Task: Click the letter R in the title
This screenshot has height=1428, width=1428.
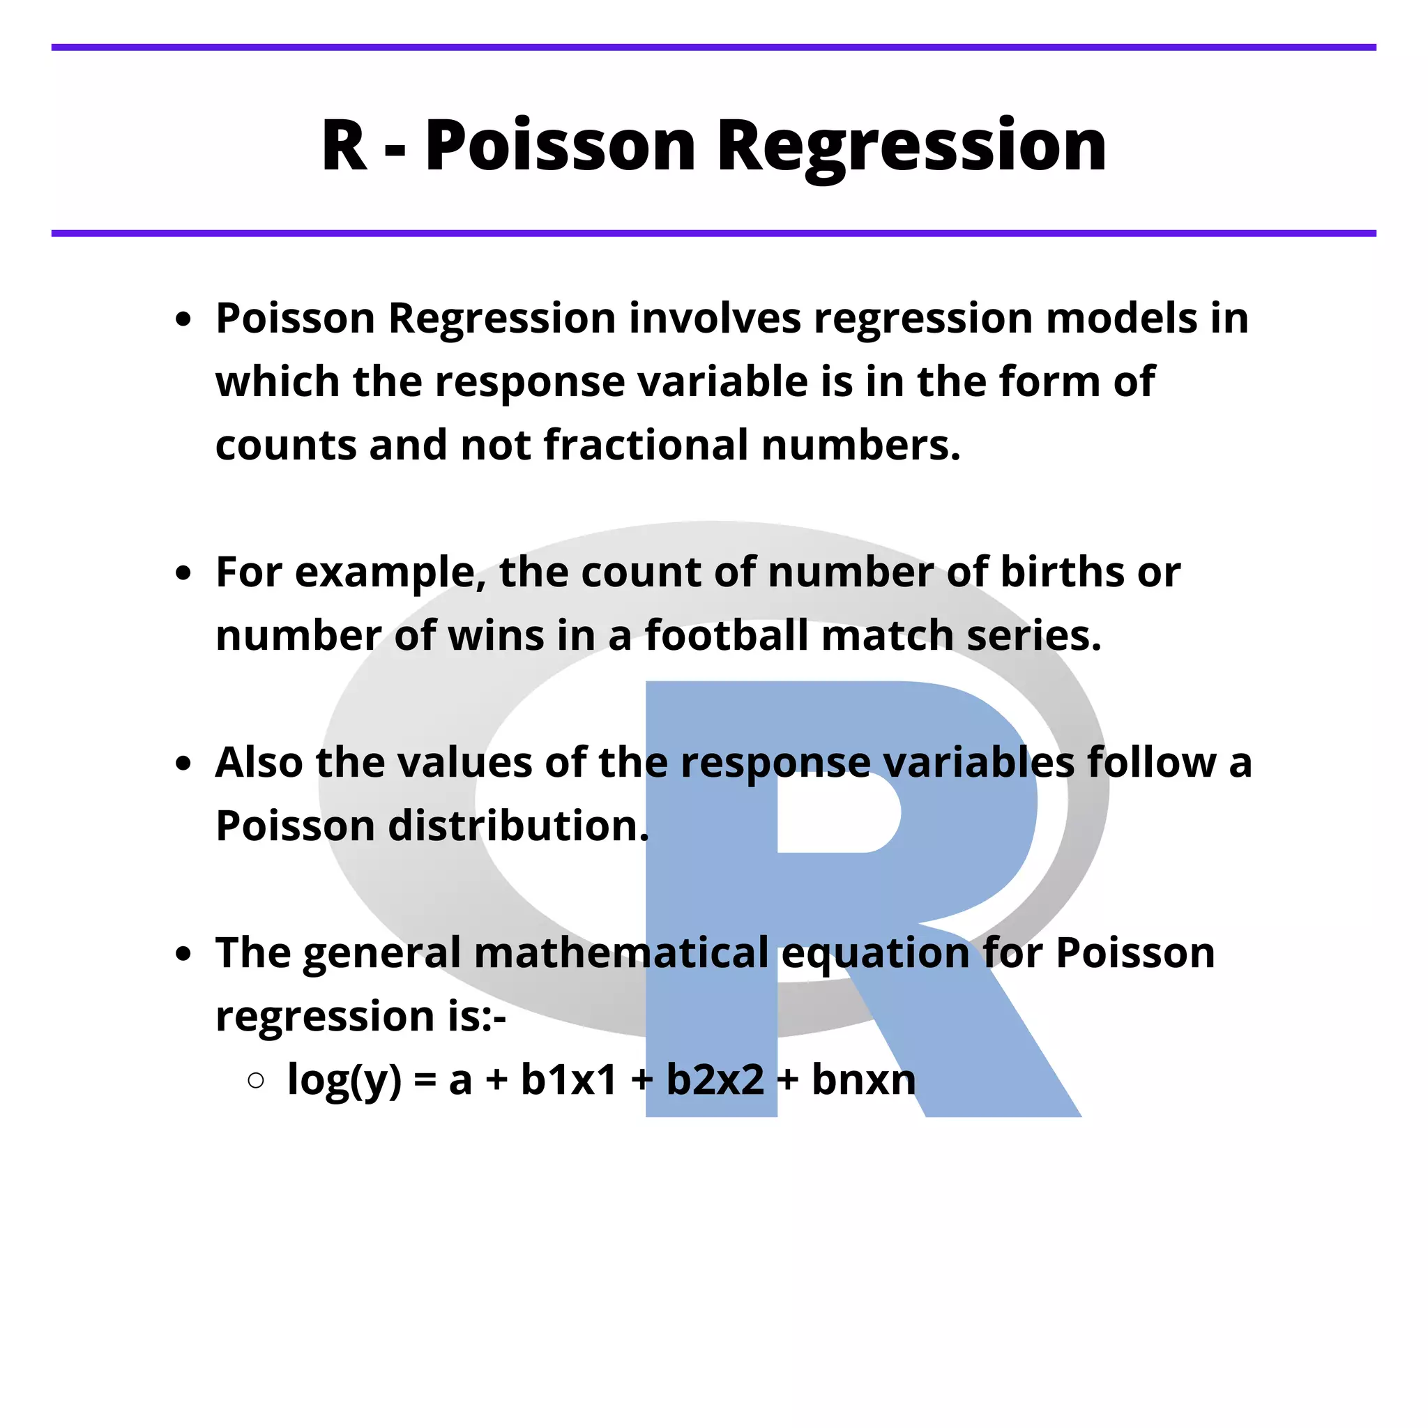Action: (344, 145)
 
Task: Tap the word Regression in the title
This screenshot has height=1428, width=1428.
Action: (911, 148)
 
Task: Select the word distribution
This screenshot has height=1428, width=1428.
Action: (518, 826)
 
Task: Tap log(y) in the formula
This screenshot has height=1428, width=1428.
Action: (344, 1081)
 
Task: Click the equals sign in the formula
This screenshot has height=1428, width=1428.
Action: (425, 1081)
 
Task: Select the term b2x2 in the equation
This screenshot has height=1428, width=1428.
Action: (715, 1080)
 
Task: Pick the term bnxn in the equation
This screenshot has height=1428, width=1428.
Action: (863, 1080)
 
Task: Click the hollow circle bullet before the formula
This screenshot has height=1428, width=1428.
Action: (257, 1081)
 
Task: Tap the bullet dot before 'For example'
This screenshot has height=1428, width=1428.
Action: (183, 573)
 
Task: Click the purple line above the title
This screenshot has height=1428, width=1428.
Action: (713, 47)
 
